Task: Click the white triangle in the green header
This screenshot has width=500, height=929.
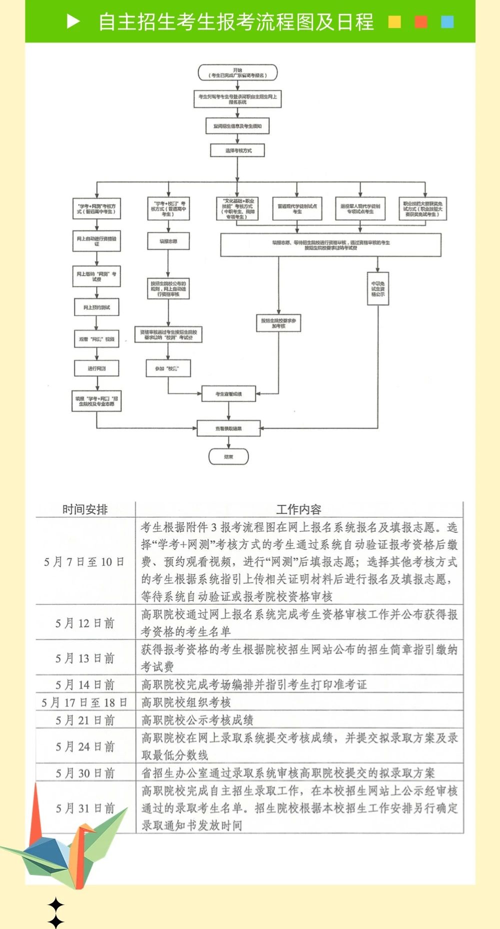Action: pos(73,21)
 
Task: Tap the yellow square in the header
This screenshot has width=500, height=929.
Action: pos(394,22)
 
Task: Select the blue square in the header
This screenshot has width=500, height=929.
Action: pos(447,22)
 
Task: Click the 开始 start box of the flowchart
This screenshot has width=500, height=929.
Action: pos(237,72)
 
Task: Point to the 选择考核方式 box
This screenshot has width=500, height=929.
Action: pos(237,150)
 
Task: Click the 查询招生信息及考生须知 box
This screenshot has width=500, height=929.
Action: pos(237,126)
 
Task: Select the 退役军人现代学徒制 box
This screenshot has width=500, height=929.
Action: pos(360,209)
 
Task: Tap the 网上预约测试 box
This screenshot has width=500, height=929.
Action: pos(97,307)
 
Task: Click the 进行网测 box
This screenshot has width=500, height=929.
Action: pos(97,368)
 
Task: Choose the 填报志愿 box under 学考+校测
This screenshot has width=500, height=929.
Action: pos(168,241)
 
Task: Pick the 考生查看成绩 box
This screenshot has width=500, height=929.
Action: pos(228,394)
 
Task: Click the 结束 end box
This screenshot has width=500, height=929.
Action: pos(228,456)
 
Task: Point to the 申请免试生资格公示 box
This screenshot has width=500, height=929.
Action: pos(377,289)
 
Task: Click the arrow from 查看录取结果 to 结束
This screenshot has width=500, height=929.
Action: pos(228,443)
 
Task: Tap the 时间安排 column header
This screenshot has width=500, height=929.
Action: pos(85,509)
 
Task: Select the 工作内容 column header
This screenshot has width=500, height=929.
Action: pos(298,509)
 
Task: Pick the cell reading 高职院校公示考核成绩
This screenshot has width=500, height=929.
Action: pos(197,720)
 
